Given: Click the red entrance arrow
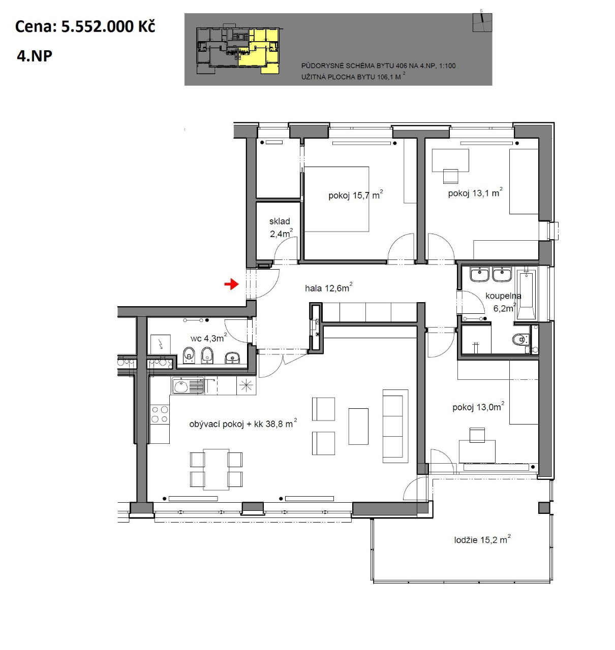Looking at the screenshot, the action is (231, 284).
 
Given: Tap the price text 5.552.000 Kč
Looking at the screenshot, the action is (108, 26).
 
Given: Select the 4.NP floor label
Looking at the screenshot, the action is (35, 56).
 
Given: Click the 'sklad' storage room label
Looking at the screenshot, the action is (280, 221).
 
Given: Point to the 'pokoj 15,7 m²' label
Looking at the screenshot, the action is (355, 194).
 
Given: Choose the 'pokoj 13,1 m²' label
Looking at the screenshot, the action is (475, 192).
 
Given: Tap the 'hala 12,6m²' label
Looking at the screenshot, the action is (328, 287).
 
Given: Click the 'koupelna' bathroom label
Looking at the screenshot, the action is (503, 296).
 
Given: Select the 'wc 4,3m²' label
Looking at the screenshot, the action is (208, 338).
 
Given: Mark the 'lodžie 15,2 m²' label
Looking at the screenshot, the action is (482, 540).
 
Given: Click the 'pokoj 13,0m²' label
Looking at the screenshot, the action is (478, 407).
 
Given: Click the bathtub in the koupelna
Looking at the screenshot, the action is (526, 295).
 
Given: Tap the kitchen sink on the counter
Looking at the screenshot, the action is (188, 386).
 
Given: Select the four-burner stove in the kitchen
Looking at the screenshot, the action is (160, 414).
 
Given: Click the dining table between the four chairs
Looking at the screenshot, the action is (216, 469).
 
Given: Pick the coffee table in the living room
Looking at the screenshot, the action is (358, 427).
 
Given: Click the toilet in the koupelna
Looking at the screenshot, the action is (520, 339).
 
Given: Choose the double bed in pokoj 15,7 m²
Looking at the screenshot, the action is (336, 199).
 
